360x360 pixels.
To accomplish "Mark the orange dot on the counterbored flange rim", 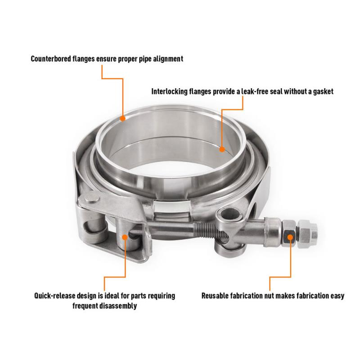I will pos(123,118).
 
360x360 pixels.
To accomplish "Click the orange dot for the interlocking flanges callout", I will pos(222,148).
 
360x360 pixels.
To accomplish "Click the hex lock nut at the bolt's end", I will pos(311,234).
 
